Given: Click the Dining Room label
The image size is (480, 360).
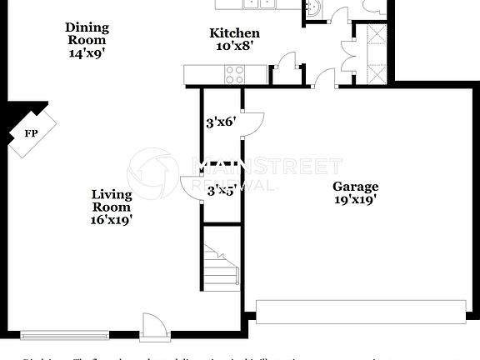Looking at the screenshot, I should click(87, 33).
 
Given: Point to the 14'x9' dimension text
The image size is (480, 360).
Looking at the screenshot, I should click(87, 52).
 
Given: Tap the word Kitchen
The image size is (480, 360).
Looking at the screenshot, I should click(233, 33).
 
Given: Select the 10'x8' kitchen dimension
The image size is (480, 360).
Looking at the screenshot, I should click(233, 47).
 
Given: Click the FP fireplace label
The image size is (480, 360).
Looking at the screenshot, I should click(31, 132).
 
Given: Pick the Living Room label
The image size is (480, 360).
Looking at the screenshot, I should click(112, 201).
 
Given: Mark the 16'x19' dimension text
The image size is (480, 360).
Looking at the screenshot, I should click(112, 221).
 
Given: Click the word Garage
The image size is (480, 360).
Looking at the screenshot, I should click(355, 187).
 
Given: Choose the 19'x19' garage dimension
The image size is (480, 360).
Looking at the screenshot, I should click(355, 200).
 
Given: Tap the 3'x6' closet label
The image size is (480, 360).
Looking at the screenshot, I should click(221, 122).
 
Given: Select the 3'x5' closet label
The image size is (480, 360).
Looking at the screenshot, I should click(221, 191).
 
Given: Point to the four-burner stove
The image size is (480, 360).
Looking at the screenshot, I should click(234, 76).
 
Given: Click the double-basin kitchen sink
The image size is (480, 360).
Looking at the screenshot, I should click(261, 4).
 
